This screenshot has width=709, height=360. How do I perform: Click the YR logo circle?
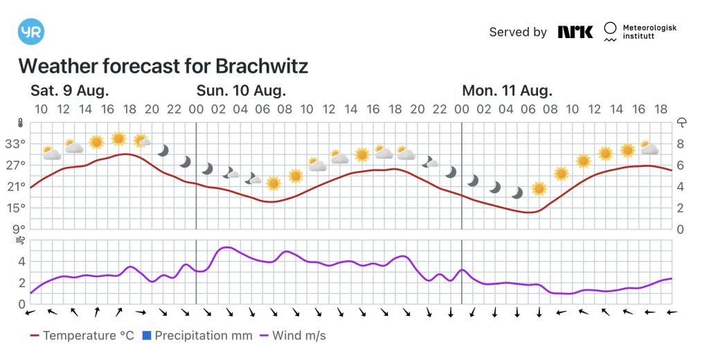31,31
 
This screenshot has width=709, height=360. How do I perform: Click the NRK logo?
575,32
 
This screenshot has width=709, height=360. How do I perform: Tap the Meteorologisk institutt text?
649,32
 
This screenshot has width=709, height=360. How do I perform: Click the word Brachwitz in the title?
262,66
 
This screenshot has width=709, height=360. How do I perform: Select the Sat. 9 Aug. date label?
70,91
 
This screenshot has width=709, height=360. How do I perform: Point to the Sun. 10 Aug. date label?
241,91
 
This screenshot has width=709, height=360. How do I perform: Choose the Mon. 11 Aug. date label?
507,91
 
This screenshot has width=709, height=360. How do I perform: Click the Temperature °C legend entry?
82,336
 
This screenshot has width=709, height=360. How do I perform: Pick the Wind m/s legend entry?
292,336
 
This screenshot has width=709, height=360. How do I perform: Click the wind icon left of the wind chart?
21,240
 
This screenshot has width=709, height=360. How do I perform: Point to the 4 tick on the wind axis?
21,262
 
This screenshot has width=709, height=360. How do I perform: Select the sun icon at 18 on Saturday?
119,138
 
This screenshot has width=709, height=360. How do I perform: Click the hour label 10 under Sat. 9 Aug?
41,109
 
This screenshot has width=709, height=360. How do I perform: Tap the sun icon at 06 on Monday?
539,188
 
